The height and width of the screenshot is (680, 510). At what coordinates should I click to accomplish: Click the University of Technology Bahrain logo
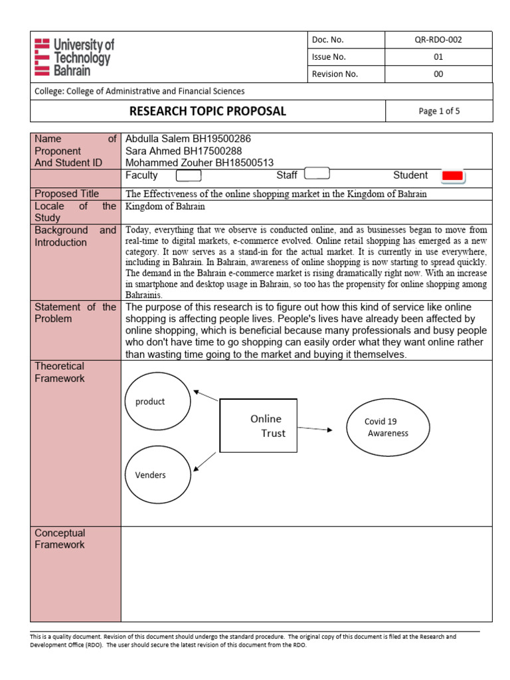pos(74,57)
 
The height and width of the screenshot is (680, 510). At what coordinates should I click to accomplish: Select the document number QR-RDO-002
pos(438,40)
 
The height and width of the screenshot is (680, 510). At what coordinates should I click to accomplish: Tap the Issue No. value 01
pos(438,57)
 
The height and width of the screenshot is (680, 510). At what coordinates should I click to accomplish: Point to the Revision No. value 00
pos(438,74)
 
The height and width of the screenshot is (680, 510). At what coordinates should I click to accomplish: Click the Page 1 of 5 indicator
pos(439,112)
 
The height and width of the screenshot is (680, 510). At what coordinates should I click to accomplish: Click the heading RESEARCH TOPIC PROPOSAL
pos(207,112)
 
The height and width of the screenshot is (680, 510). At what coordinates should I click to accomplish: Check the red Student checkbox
pos(452,176)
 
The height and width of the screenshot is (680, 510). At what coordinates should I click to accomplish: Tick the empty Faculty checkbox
pos(188,176)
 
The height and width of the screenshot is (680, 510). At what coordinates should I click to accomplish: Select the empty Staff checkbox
pos(316,175)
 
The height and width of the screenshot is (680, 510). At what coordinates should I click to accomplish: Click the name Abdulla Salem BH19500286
pos(189,139)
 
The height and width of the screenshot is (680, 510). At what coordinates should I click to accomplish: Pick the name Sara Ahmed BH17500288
pos(184,151)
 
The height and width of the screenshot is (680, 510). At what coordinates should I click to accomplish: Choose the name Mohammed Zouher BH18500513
pos(199,163)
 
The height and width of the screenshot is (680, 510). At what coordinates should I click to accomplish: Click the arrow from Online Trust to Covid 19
pos(315,429)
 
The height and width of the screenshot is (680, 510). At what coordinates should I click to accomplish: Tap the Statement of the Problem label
pos(75,313)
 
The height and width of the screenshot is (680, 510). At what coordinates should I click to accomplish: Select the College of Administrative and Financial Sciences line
pos(139,92)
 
